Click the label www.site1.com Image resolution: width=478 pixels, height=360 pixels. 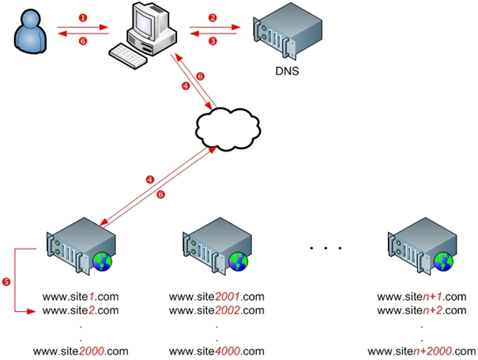pos(80,297)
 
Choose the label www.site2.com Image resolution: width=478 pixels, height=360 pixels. pos(80,310)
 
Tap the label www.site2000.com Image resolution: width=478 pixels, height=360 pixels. pos(80,351)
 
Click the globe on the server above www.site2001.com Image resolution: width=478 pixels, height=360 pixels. pos(238,262)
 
